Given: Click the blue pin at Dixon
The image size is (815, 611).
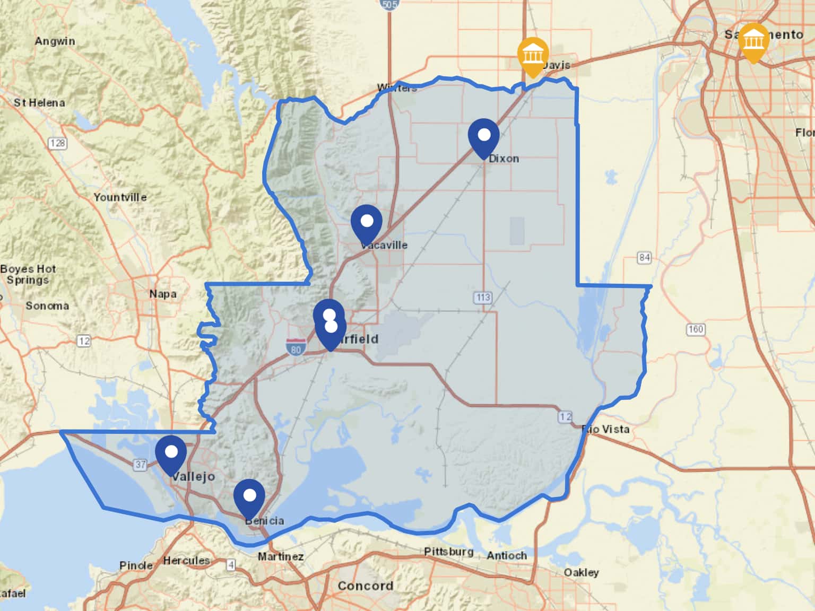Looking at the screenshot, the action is click(x=483, y=136).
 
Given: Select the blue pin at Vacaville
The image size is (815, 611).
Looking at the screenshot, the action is click(x=366, y=222).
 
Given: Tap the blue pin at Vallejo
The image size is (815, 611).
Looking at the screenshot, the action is click(x=171, y=453).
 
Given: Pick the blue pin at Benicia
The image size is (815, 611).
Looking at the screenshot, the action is click(x=249, y=497).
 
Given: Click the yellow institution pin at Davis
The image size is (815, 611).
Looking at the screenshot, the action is click(x=533, y=55).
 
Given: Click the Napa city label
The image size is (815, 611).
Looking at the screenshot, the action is click(x=162, y=294).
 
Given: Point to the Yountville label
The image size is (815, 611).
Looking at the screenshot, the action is click(x=120, y=197).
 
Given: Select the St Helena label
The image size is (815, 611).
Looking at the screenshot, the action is click(x=39, y=103).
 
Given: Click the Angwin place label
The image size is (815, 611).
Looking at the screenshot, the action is click(x=55, y=41).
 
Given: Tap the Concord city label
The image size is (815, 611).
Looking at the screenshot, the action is click(x=366, y=586).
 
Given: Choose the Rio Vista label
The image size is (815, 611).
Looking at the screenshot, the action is click(x=606, y=429).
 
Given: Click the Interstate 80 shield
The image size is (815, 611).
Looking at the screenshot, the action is click(x=296, y=347).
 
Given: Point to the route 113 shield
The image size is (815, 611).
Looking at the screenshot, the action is click(x=483, y=298).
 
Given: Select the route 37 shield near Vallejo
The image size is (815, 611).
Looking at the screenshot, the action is click(x=140, y=465).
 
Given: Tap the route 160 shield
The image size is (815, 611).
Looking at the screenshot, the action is click(x=696, y=329).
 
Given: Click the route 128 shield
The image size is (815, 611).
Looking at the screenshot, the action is click(x=57, y=143).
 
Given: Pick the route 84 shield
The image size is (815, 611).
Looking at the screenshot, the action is click(x=644, y=258).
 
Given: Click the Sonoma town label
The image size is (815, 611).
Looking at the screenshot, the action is click(x=47, y=306).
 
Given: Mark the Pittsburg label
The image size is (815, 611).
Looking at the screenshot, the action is click(x=448, y=552).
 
